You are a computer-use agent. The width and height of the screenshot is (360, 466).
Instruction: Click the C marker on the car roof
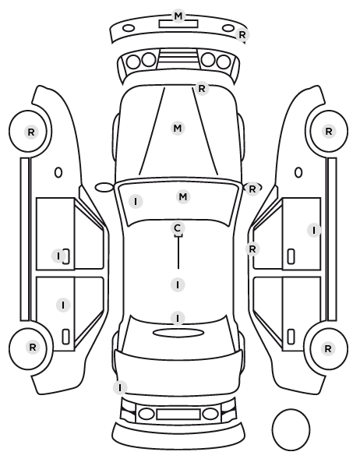(178, 228)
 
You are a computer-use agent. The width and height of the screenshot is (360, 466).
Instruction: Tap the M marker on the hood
(178, 129)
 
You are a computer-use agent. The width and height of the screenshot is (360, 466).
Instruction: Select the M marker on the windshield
(183, 196)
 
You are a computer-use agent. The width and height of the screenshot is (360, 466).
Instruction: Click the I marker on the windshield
(136, 202)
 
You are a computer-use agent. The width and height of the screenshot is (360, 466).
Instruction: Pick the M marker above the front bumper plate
(178, 16)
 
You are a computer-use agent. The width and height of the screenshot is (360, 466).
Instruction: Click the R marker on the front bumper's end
(242, 35)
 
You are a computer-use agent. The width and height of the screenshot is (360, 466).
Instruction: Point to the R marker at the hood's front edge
(202, 88)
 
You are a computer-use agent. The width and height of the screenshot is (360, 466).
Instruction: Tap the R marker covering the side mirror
(252, 189)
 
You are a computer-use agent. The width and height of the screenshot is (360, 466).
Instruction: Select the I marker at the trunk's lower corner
(120, 388)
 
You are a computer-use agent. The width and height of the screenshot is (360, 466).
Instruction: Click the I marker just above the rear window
(178, 318)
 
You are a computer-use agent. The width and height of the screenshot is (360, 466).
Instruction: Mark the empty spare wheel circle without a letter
(291, 429)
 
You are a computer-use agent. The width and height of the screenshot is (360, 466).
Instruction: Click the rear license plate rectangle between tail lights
(178, 414)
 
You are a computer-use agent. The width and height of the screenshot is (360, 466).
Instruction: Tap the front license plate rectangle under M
(178, 24)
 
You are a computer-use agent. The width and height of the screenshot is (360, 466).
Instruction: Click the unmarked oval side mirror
(104, 188)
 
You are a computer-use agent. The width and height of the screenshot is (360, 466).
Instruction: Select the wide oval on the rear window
(178, 333)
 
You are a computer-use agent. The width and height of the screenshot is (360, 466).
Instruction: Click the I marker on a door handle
(58, 256)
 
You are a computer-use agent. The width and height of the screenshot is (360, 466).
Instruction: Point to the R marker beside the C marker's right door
(252, 249)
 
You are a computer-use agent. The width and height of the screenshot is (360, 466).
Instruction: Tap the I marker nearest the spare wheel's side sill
(314, 230)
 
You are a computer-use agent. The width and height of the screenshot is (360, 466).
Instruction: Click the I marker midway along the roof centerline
(178, 284)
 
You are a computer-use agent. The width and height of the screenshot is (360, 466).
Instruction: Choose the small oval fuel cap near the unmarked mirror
(58, 172)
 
